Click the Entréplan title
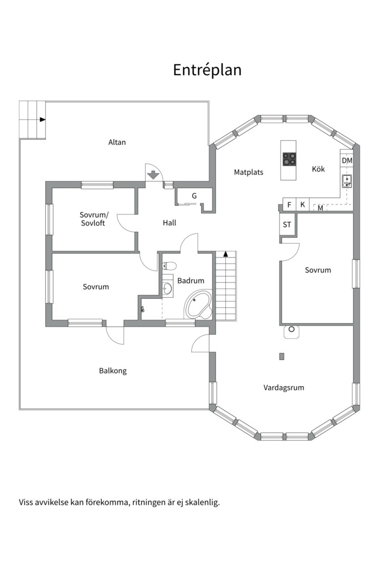(x=207, y=70)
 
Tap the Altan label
(x=117, y=142)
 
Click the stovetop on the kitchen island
(x=289, y=159)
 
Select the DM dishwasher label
(x=347, y=160)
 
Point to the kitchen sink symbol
(x=347, y=181)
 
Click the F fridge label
(x=289, y=205)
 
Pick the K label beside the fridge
(x=303, y=204)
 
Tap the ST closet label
(x=287, y=224)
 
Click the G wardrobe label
(x=194, y=196)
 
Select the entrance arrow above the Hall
(x=154, y=175)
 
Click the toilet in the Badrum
(x=169, y=267)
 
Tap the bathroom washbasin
(x=167, y=289)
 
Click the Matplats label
(x=248, y=172)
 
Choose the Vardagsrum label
(x=284, y=388)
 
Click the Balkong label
(x=113, y=371)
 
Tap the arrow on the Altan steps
(x=43, y=120)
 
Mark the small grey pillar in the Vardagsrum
(x=282, y=356)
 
